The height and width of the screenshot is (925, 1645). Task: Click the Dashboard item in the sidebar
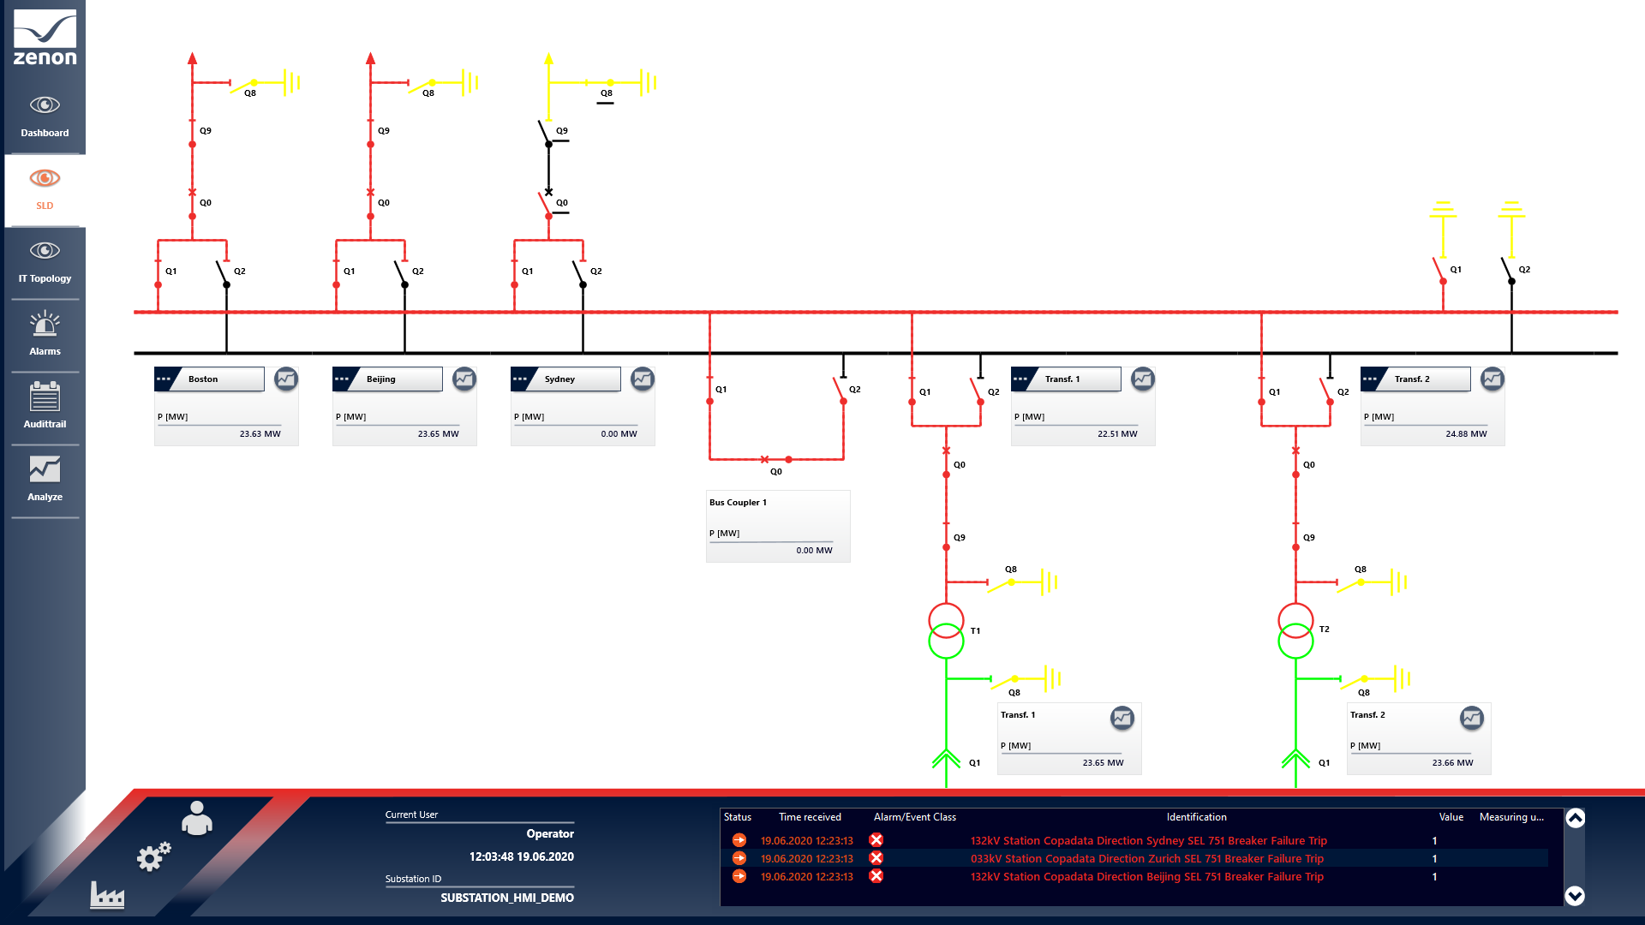pos(45,116)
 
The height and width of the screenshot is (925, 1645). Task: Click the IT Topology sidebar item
pos(45,262)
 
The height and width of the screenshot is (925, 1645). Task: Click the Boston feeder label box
pos(210,379)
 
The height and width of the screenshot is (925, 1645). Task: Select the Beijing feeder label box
pos(388,379)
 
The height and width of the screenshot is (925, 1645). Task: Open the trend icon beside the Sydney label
pos(642,379)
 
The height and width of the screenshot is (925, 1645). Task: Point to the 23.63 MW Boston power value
pos(260,434)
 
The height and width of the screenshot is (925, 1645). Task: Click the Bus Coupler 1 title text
pos(738,503)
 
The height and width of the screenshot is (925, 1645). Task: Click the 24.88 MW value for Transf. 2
pos(1466,434)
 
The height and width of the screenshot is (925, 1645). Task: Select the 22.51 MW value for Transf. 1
pos(1117,434)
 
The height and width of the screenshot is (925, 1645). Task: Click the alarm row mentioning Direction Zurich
pos(1146,859)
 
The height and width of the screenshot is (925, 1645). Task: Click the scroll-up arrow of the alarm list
pos(1575,819)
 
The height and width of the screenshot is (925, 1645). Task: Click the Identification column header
pos(1196,817)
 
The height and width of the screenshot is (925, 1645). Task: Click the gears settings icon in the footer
pos(154,856)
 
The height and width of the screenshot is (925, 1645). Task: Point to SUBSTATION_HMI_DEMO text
pos(507,898)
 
